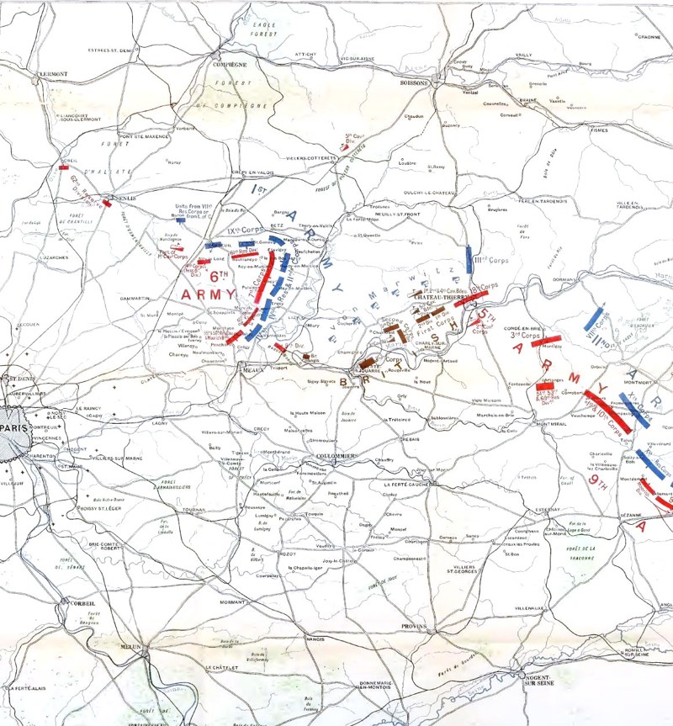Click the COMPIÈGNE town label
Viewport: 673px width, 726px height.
(230, 64)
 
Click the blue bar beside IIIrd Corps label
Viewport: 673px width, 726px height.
(469, 259)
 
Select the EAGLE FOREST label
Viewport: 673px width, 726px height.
(266, 29)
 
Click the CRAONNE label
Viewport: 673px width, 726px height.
(649, 37)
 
